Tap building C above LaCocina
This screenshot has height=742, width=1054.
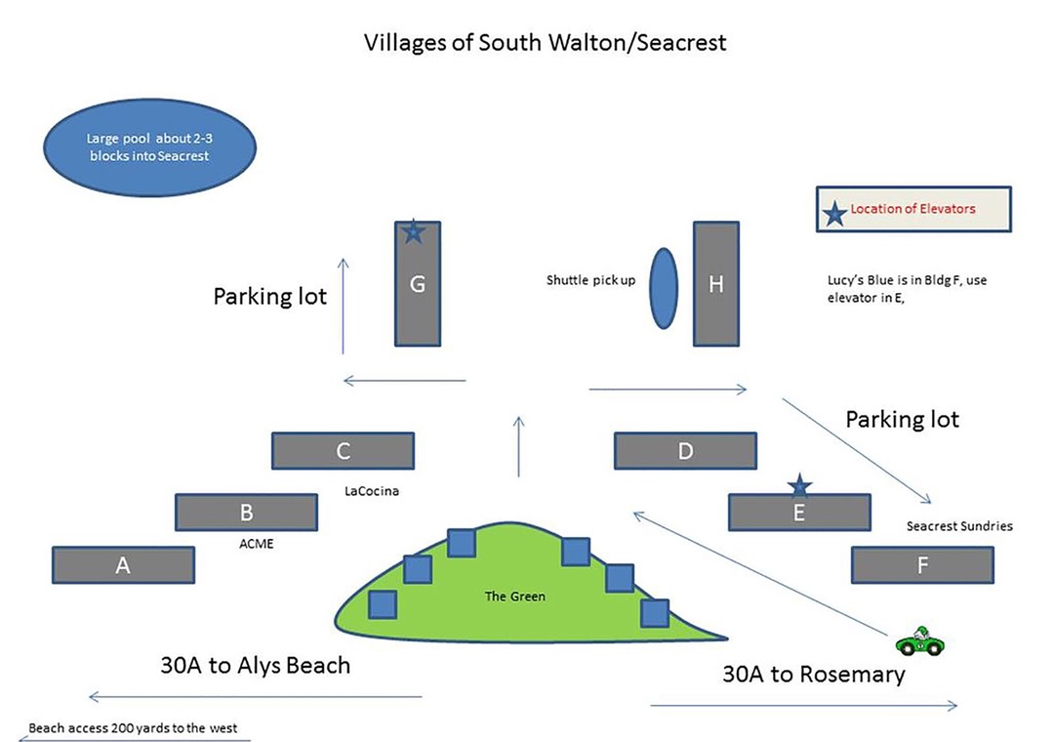click(343, 450)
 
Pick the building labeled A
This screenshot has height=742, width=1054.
click(123, 564)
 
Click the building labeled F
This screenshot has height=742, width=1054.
click(922, 564)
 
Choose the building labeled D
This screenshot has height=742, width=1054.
click(685, 450)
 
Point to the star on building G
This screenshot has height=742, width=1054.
click(414, 231)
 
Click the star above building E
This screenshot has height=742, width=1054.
click(799, 484)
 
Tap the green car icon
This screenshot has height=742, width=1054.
click(920, 642)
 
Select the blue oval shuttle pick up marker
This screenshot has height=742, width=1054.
click(664, 290)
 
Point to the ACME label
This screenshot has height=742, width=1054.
click(257, 544)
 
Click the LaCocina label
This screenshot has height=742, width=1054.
click(372, 491)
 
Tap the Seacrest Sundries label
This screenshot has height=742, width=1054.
click(959, 526)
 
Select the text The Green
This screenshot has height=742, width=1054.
click(514, 596)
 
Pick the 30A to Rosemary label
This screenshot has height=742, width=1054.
click(813, 674)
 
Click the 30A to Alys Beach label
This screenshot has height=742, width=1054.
click(255, 666)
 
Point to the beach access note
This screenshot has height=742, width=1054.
click(133, 728)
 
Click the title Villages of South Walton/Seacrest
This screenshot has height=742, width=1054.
click(546, 43)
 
